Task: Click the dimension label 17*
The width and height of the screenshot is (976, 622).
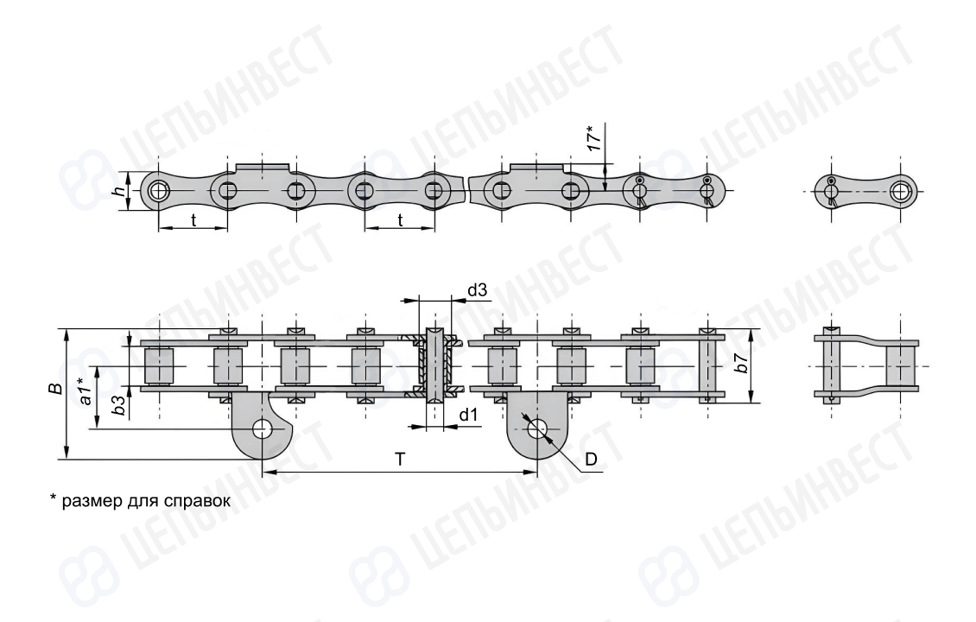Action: (596, 138)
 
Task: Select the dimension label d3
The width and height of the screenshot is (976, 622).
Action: (477, 290)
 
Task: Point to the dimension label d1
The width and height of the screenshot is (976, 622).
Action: (469, 415)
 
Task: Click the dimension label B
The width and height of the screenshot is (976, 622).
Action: (56, 389)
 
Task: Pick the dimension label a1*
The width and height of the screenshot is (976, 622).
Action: (86, 391)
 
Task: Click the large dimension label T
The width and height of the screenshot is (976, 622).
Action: (400, 460)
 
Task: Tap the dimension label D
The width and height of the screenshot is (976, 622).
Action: (591, 460)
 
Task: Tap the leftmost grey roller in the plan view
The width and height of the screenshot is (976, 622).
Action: (158, 365)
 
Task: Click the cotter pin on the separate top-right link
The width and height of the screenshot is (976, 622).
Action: (831, 191)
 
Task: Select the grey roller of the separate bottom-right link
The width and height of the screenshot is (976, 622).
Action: (901, 365)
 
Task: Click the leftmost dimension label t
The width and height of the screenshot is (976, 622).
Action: (193, 219)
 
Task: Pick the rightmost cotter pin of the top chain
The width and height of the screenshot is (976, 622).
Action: (707, 191)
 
